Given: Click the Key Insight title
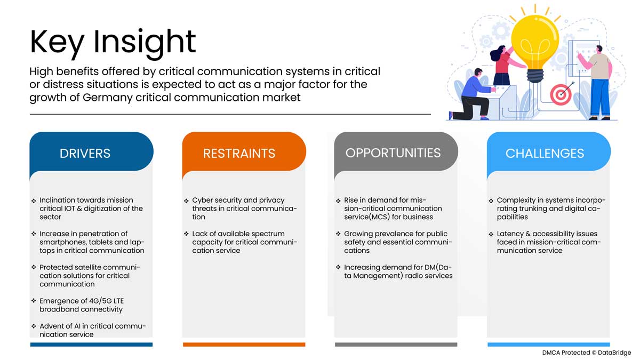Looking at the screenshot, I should point(113,41).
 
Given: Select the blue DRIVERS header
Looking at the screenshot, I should point(85,154).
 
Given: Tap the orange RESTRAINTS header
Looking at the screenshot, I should point(239,154).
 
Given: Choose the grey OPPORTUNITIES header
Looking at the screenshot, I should point(393,153).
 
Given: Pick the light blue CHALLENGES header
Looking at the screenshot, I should point(545,154).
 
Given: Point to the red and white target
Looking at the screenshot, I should point(560,95).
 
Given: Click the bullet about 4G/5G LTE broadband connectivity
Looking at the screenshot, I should point(81,305).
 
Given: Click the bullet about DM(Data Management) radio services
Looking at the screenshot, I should point(397,271).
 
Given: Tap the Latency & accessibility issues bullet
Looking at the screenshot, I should point(547,242).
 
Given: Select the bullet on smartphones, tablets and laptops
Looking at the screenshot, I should point(91,242).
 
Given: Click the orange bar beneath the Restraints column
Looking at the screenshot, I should point(244,345).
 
